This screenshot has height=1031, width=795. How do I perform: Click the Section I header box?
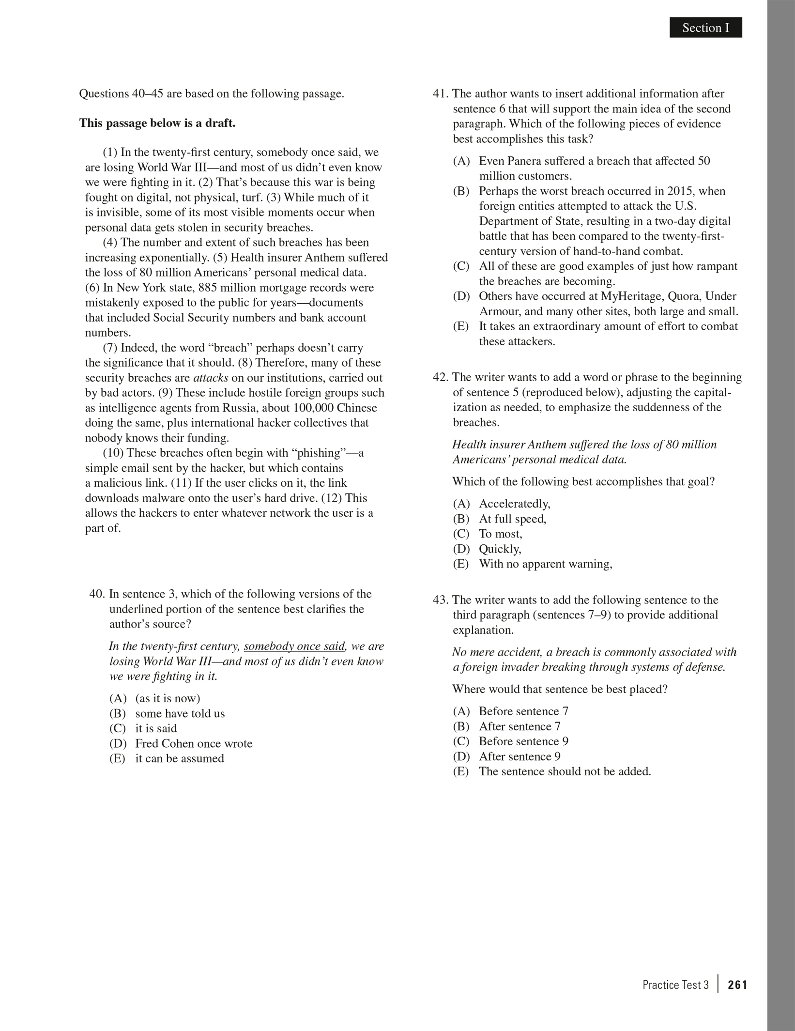click(x=705, y=28)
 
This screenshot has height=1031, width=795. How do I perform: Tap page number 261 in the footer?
click(x=737, y=985)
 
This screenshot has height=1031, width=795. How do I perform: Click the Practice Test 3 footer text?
click(x=675, y=985)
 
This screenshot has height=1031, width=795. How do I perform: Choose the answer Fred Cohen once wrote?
click(x=194, y=743)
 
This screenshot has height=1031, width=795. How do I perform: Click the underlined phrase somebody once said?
click(x=294, y=646)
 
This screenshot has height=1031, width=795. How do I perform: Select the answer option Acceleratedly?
click(x=514, y=504)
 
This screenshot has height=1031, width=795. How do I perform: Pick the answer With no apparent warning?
click(x=545, y=564)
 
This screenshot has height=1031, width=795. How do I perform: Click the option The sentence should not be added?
click(x=565, y=771)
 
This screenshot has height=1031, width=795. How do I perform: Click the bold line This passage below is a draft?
click(x=157, y=123)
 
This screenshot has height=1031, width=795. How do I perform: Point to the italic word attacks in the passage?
click(x=211, y=378)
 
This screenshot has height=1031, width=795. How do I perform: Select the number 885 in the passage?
click(x=208, y=288)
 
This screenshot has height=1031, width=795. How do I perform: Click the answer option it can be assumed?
click(x=179, y=758)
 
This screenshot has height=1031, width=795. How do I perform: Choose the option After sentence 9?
click(x=520, y=756)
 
